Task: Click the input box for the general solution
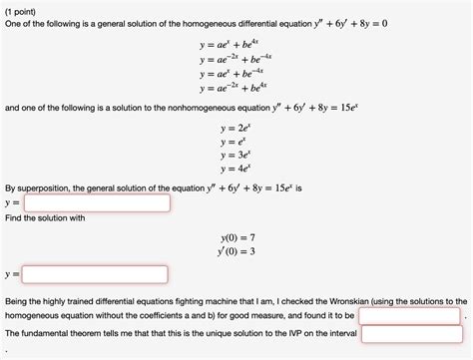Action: pos(96,201)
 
